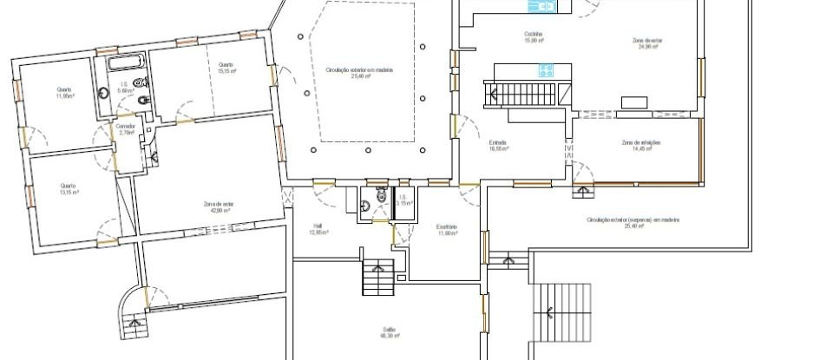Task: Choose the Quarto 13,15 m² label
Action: [69, 188]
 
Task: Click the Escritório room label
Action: [447, 230]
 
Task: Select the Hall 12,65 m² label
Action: [318, 230]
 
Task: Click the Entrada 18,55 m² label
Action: [497, 145]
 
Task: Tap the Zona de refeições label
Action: [640, 145]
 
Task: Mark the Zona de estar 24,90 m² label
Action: [647, 43]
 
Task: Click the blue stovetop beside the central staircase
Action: [546, 70]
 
